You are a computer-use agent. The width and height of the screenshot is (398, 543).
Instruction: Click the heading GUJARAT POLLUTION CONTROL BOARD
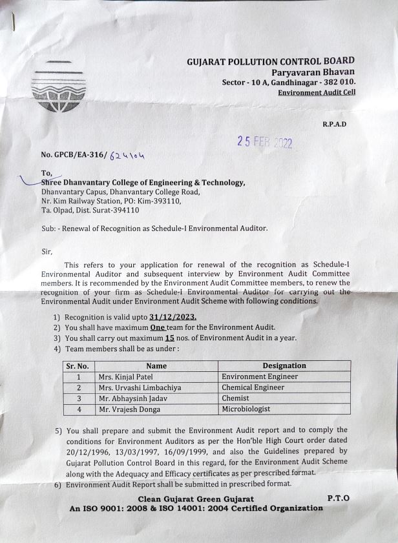coord(271,61)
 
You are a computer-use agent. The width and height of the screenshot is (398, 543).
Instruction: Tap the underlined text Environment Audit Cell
coord(316,93)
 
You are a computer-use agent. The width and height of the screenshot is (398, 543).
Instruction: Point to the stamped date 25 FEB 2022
coord(265,143)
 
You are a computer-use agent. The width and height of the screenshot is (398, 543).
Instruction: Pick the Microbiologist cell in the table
coord(246,409)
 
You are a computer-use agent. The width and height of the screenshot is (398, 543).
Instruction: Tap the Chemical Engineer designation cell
coord(253,387)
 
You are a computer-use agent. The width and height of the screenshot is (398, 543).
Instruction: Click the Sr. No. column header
coord(78,365)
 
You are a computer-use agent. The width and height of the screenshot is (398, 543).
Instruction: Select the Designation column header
coord(284,365)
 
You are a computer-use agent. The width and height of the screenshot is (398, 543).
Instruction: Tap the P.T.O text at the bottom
coord(338,498)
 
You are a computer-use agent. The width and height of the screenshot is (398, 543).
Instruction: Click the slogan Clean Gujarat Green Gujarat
coord(196,498)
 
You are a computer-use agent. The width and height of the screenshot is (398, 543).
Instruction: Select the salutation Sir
coord(47,251)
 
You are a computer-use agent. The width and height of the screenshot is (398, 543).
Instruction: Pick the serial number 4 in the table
coord(78,409)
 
